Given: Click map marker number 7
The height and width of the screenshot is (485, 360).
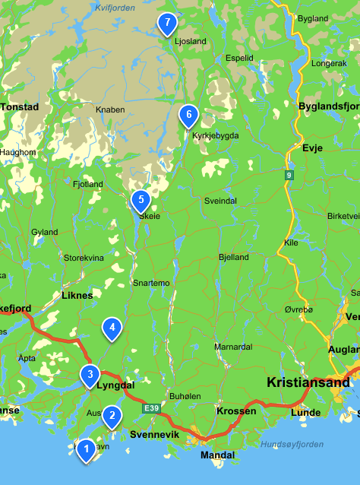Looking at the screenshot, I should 167,24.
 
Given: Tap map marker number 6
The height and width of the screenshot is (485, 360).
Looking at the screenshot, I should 188,116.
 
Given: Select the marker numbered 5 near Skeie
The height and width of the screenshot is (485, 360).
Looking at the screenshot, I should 140,201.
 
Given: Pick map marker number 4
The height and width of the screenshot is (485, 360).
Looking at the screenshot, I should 112,328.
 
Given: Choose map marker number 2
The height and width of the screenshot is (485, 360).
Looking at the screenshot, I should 112,415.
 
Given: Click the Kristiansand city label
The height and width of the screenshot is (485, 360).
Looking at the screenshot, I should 305,382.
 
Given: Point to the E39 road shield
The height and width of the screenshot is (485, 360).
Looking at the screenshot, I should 152,409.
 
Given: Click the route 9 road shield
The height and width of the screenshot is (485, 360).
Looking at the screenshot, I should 289,176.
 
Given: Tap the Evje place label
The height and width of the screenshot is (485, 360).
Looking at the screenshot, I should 312,149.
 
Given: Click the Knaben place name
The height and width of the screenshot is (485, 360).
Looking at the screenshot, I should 110,109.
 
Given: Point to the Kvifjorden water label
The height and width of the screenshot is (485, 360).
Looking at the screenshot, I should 114,7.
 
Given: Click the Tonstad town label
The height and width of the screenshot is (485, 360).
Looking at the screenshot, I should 19,107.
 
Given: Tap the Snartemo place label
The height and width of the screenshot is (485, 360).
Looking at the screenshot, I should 151,283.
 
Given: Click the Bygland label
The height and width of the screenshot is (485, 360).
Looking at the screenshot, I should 313,17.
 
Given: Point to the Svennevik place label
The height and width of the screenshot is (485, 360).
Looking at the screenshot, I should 154,435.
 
